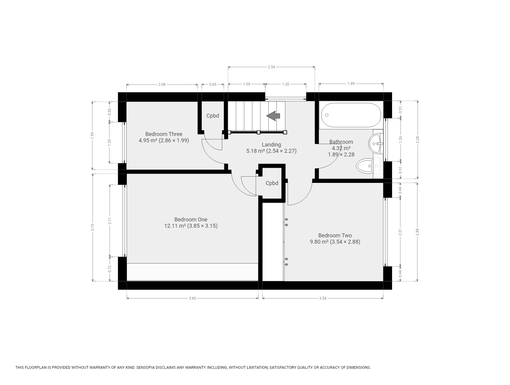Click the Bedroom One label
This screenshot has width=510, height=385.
191,220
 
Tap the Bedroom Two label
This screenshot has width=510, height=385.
335,236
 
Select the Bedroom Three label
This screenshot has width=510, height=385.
164,134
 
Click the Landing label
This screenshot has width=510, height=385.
271,145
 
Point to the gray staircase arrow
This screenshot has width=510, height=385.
273,116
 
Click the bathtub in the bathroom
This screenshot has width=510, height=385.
351,115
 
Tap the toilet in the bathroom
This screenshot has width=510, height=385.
368,166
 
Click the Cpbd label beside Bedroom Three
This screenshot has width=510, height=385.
213,116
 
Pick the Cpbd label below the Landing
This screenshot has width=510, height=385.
272,183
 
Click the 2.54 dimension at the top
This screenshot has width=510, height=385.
271,67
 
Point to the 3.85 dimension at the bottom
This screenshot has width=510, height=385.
192,298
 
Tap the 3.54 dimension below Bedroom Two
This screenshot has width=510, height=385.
323,298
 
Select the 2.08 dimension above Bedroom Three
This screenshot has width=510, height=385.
162,85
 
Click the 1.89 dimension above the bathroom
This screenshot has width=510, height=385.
351,84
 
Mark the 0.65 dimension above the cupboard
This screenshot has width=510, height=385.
213,85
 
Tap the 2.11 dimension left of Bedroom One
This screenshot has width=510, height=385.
110,221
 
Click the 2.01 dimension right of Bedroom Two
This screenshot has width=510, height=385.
400,232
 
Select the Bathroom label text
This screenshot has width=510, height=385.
341,142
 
